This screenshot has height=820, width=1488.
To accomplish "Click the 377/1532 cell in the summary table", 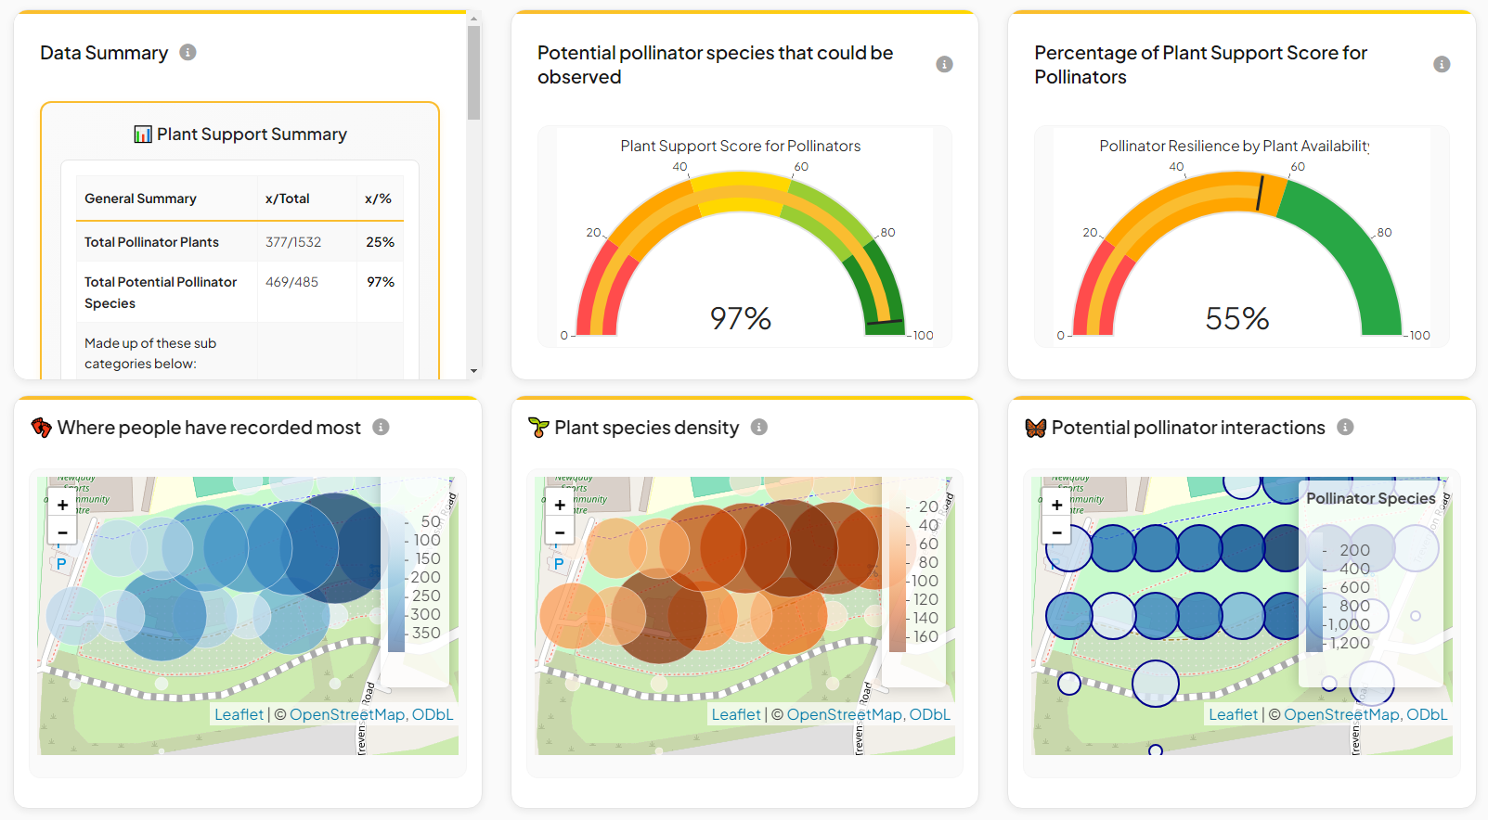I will coord(293,242).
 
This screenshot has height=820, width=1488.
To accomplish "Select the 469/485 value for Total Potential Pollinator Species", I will coord(291,282).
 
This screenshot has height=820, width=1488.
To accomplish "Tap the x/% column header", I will coord(378,199).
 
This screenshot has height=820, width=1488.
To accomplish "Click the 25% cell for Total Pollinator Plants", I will coord(380,242).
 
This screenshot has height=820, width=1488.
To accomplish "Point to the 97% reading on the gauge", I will coord(741,318).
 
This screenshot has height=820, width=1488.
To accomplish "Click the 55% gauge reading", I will coord(1237,318).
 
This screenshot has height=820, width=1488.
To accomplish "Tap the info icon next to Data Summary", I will coord(188,53).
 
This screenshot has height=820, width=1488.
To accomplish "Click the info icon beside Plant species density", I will coord(759,428).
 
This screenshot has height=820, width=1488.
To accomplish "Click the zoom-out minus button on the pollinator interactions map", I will coord(1056,532).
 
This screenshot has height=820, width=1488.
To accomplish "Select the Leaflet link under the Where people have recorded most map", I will coord(239,714).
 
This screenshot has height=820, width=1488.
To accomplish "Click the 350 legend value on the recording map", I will coord(426,633).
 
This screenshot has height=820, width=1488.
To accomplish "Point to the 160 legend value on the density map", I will coord(925,636).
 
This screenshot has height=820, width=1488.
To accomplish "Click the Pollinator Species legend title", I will coord(1370,498).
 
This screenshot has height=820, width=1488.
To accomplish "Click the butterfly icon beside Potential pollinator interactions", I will coord(1036,428).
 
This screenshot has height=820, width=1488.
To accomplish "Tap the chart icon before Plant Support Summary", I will coord(143,135).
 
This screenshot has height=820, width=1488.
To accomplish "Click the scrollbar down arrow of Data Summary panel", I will coord(473,371).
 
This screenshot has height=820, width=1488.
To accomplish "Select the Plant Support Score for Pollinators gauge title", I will coord(740,146).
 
